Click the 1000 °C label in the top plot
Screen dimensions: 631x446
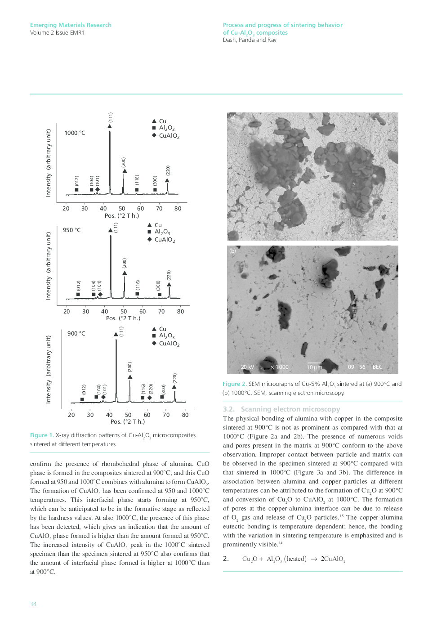tap(75, 133)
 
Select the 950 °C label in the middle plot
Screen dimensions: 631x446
tap(72, 230)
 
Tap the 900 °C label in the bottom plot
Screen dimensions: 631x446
tap(76, 333)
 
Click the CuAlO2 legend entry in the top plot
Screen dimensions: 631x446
tap(169, 136)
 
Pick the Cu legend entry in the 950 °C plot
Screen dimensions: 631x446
tap(158, 225)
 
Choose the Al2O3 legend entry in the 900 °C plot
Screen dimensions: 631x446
tap(166, 336)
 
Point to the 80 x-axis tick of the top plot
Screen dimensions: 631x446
tap(178, 208)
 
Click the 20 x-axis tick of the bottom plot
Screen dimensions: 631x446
tap(71, 415)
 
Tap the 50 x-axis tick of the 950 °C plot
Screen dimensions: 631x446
tap(124, 311)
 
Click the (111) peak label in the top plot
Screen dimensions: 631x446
tap(110, 117)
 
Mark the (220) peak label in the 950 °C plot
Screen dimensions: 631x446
tap(169, 275)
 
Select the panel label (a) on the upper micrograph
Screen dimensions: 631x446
tap(232, 117)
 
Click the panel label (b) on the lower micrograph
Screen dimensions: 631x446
tap(232, 251)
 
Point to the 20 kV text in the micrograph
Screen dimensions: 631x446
tap(247, 367)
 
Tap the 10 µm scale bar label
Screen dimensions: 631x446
tap(314, 367)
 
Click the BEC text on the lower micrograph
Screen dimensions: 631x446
tap(377, 367)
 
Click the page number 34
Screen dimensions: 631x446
tap(33, 604)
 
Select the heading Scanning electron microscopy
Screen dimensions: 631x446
tap(290, 409)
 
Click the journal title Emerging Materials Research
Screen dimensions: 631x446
tap(71, 25)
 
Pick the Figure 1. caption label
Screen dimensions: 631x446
tap(42, 435)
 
